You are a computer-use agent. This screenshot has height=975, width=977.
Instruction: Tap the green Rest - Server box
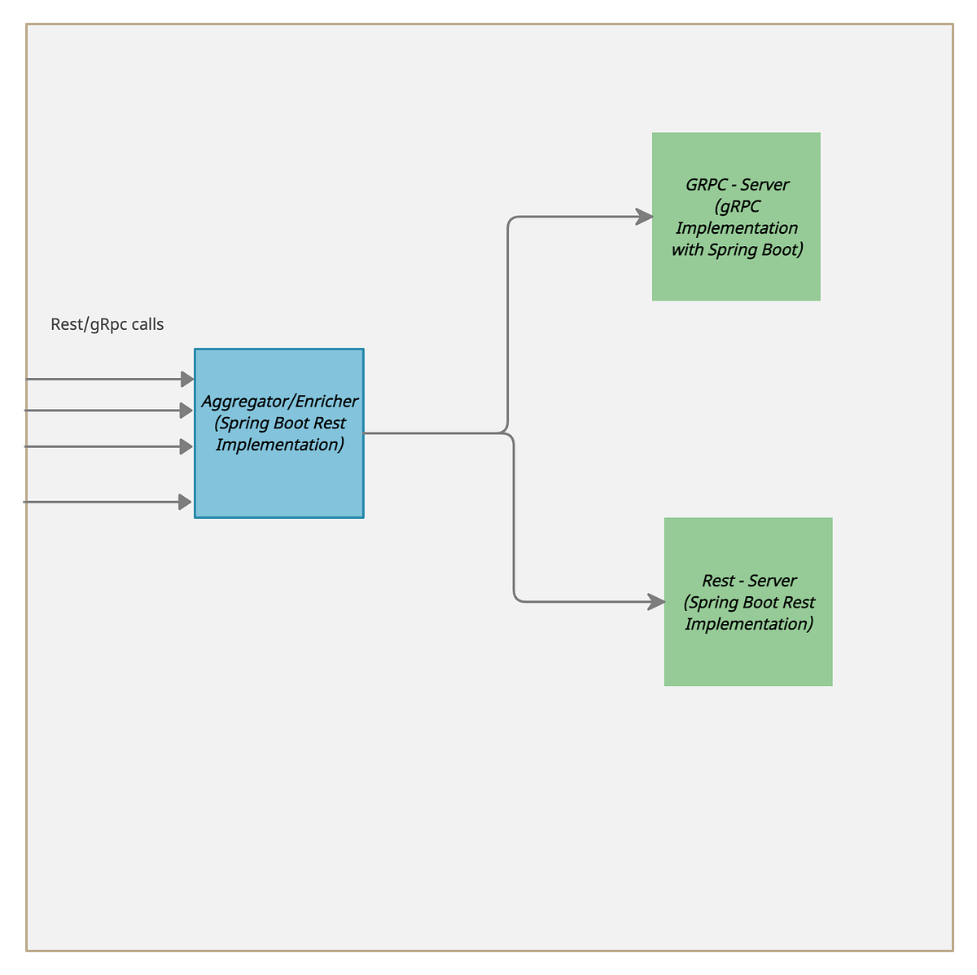(748, 660)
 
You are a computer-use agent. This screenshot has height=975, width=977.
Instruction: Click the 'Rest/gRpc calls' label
(107, 324)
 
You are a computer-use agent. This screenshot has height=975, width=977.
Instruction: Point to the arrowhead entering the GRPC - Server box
(644, 217)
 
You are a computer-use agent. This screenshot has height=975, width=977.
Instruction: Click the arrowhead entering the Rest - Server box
(656, 602)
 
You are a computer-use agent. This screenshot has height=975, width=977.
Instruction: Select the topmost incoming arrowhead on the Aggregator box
(186, 379)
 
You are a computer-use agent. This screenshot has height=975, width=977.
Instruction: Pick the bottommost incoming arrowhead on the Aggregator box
(185, 502)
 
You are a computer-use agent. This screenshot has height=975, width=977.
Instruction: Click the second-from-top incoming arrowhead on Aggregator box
(186, 411)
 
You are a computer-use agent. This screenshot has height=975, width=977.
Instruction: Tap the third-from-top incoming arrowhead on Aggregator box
(186, 446)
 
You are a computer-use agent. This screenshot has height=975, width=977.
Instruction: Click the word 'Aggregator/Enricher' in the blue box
(279, 402)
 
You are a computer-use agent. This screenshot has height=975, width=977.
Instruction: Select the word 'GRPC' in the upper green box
(706, 185)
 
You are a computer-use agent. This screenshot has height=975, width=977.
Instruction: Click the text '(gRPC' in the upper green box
(737, 207)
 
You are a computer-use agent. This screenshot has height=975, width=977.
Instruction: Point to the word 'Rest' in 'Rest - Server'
(718, 581)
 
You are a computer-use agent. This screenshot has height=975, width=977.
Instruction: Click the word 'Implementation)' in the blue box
(279, 445)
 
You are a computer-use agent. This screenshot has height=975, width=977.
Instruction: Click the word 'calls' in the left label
(147, 324)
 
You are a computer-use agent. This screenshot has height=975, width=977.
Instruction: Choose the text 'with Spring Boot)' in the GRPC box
(737, 250)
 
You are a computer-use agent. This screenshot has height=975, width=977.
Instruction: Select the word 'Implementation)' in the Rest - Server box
(748, 624)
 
